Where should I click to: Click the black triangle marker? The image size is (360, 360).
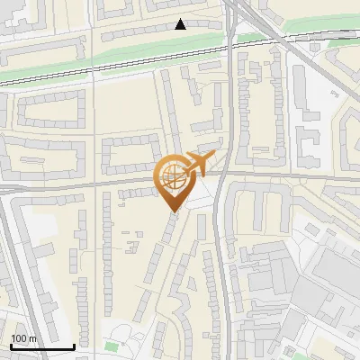click(181, 24)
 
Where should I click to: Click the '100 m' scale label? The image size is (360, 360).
click(23, 338)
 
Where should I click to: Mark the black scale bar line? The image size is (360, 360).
click(42, 346)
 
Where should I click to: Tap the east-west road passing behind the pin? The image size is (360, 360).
click(90, 184)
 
